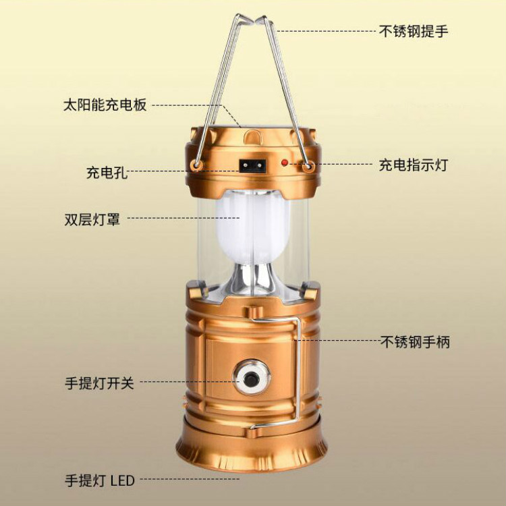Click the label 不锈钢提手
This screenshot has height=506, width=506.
coord(412,31)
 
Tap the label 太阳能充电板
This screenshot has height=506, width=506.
coord(105,105)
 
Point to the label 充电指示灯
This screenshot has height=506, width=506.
coord(413,165)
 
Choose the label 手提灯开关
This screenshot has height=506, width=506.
coord(99,383)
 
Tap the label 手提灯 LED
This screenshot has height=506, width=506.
coord(99,480)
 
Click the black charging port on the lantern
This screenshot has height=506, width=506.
coord(251,164)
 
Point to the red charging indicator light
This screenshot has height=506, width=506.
coord(285,163)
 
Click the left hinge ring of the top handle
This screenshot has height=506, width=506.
coord(196,166)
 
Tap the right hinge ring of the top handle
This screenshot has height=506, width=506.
coord(308,165)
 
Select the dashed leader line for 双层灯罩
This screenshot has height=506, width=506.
coord(182,218)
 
